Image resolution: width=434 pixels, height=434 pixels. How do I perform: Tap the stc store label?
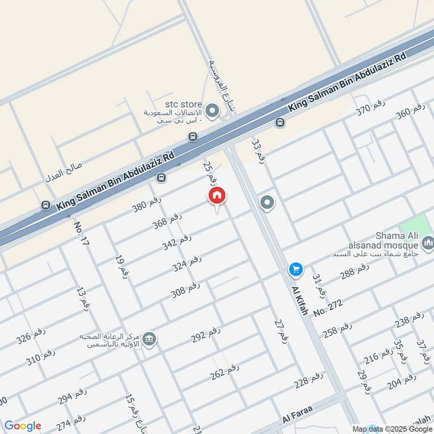pos(184,104)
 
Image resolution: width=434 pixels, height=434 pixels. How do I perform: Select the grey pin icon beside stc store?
pos(213,113)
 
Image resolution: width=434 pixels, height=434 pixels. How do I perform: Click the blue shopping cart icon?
pos(296,269)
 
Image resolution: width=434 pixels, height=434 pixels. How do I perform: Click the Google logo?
pos(22,426)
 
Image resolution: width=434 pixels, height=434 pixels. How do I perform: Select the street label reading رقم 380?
pos(148,204)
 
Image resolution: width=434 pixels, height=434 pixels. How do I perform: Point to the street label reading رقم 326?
pos(30,337)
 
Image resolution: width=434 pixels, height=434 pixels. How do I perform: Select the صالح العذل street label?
pos(62,175)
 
